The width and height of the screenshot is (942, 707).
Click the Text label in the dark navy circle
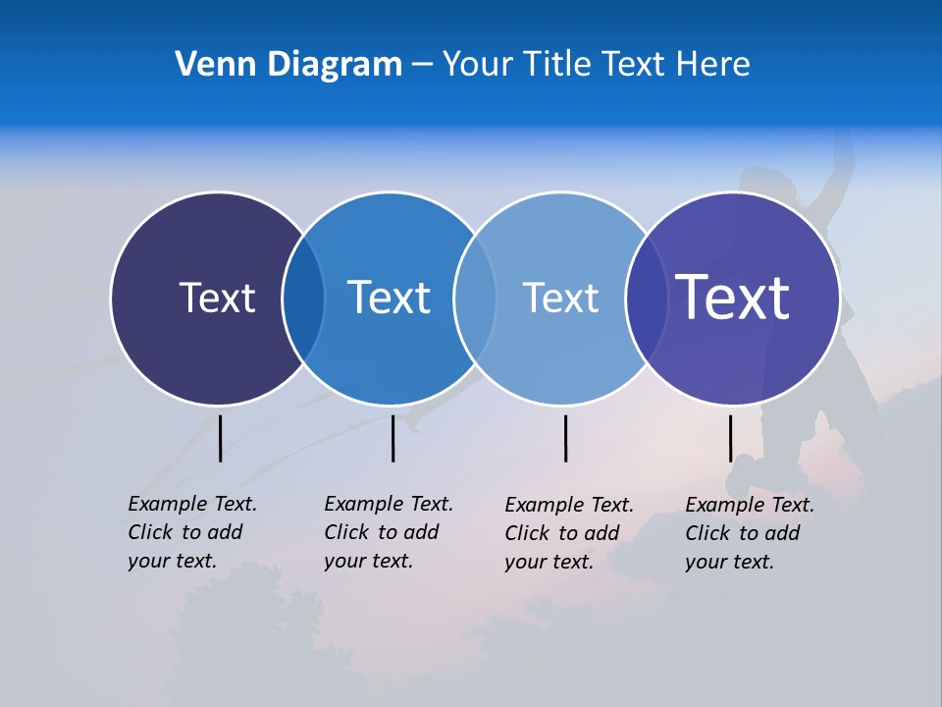[217, 298]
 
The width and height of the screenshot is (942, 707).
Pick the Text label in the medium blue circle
[389, 298]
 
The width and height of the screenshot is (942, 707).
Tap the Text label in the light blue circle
[560, 298]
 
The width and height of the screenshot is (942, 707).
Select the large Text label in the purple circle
[733, 298]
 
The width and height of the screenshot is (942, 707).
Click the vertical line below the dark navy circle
[220, 438]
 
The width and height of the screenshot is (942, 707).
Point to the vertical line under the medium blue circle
[392, 438]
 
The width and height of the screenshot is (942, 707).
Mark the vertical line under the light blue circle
[565, 438]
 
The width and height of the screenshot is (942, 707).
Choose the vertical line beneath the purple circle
[730, 438]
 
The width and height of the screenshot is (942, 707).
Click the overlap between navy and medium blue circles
[303, 298]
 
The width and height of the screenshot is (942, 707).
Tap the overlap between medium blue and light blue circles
[475, 298]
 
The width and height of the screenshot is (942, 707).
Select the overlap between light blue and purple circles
[646, 298]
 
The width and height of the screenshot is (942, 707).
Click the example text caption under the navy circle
[192, 532]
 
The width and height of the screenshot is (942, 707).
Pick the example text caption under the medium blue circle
[389, 532]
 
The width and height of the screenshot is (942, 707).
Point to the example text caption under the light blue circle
[569, 533]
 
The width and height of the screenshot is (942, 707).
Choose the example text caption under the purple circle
[750, 533]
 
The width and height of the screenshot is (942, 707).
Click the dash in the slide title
[422, 65]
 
